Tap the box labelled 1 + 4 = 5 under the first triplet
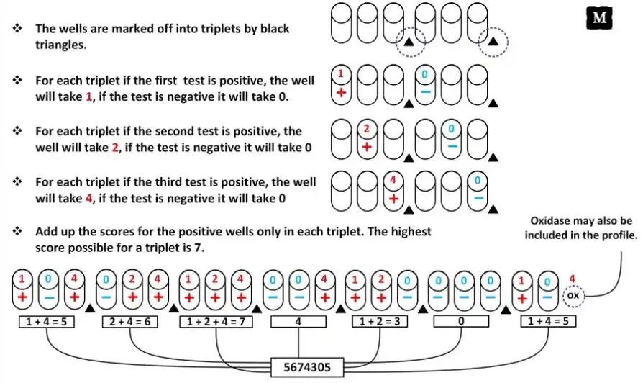click(45, 320)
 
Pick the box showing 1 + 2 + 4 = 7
click(214, 320)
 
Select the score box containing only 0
click(460, 320)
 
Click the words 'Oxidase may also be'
click(581, 221)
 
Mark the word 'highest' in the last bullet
click(411, 232)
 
